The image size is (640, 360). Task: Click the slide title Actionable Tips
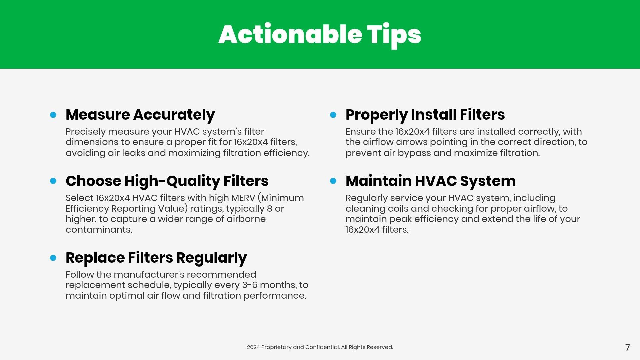pos(320,35)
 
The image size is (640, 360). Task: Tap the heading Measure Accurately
pos(140,115)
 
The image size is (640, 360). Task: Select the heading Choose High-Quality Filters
pos(167,181)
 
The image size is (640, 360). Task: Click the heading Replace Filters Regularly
pos(156,258)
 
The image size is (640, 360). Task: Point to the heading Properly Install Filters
pos(425,115)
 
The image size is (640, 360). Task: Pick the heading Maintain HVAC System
pos(431,181)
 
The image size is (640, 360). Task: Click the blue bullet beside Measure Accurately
pos(53,115)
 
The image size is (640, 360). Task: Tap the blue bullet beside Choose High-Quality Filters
pos(53,181)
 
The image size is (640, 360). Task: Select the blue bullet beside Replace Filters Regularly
pos(53,258)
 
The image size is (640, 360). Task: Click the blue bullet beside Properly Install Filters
pos(333,115)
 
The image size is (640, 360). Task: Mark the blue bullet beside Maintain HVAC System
pos(333,181)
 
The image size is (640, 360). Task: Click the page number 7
pos(628,348)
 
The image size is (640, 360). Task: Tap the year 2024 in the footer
pos(253,347)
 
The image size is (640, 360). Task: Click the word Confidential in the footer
pos(322,347)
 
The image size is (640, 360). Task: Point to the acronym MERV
pos(243,198)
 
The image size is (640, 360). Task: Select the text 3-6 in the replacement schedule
pos(250,285)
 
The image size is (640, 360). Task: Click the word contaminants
pos(99,230)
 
